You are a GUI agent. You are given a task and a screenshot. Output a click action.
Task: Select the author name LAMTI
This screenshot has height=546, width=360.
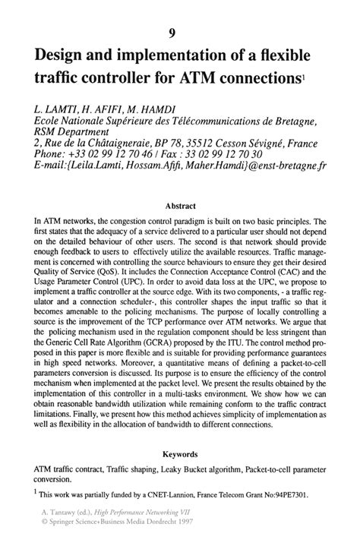click(x=62, y=112)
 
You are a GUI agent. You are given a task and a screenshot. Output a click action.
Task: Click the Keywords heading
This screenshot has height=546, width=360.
click(x=180, y=454)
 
